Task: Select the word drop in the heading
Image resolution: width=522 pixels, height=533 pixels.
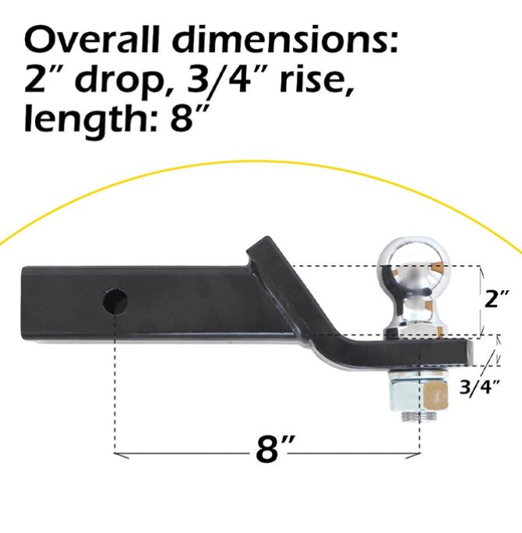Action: pos(118,81)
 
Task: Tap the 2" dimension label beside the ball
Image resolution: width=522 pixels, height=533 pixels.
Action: pos(497,299)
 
